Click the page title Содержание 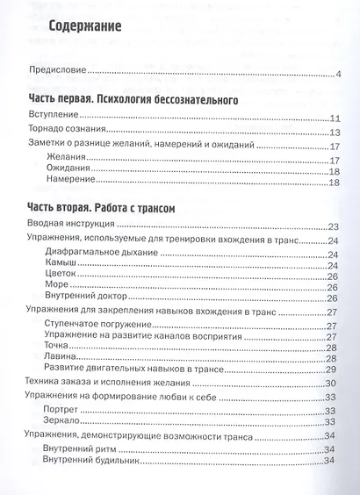[x=85, y=26]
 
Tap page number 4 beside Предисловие [x=337, y=74]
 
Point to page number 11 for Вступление [x=334, y=119]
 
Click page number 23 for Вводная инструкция [x=333, y=226]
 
